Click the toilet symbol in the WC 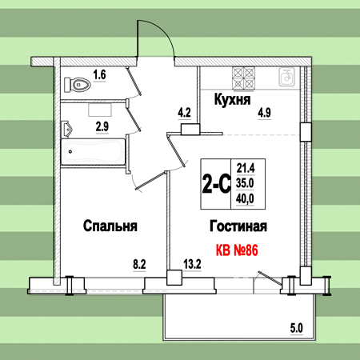click(78, 85)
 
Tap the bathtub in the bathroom click(93, 151)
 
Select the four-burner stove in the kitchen click(243, 78)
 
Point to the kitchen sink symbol click(286, 77)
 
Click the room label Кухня click(232, 99)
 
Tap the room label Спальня click(110, 226)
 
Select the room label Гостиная click(238, 226)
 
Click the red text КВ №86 click(237, 250)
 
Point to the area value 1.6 click(99, 74)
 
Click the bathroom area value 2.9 click(102, 126)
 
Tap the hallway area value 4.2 click(184, 113)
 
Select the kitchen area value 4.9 click(264, 113)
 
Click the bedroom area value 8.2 click(139, 265)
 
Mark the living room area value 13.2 click(192, 265)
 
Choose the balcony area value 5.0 click(297, 328)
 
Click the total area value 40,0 click(245, 199)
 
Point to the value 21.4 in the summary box click(246, 169)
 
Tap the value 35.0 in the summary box click(245, 183)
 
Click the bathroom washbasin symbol click(67, 130)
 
